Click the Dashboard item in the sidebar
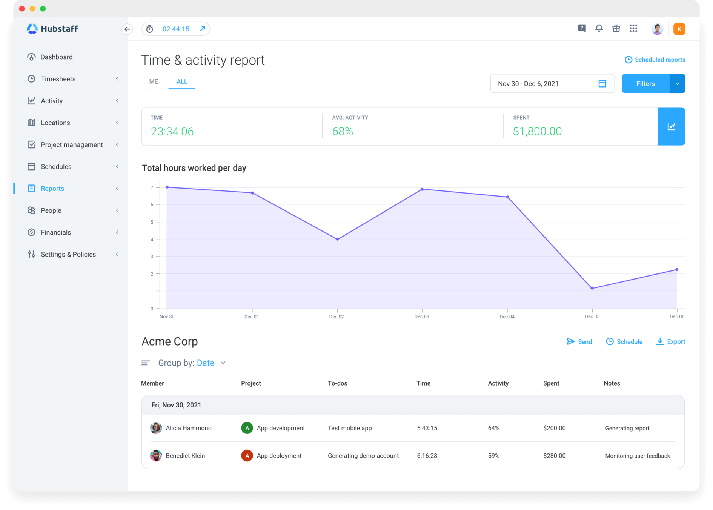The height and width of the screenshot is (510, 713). (x=56, y=57)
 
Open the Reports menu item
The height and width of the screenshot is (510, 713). (x=52, y=189)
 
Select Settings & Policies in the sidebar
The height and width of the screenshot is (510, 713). (x=68, y=254)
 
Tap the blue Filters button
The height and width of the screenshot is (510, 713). (x=645, y=84)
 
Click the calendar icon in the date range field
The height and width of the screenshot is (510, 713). (x=602, y=84)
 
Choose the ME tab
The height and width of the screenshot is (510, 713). (x=154, y=81)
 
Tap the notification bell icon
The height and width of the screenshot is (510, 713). (x=599, y=28)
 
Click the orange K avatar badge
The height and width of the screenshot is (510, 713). (x=679, y=29)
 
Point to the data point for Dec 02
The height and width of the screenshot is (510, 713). (x=337, y=239)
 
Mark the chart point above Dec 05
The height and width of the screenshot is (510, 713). (x=592, y=288)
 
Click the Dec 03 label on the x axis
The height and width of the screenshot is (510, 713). (x=422, y=316)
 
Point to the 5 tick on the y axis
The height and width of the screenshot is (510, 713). (x=152, y=222)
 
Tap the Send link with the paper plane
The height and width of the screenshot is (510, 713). (x=579, y=342)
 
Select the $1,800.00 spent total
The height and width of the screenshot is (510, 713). (x=537, y=131)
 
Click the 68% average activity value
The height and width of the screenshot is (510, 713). (x=343, y=131)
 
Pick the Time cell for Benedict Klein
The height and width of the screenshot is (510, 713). (x=427, y=456)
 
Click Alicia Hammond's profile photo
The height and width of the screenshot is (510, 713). (x=156, y=428)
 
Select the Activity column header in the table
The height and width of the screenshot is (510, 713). (x=498, y=383)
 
